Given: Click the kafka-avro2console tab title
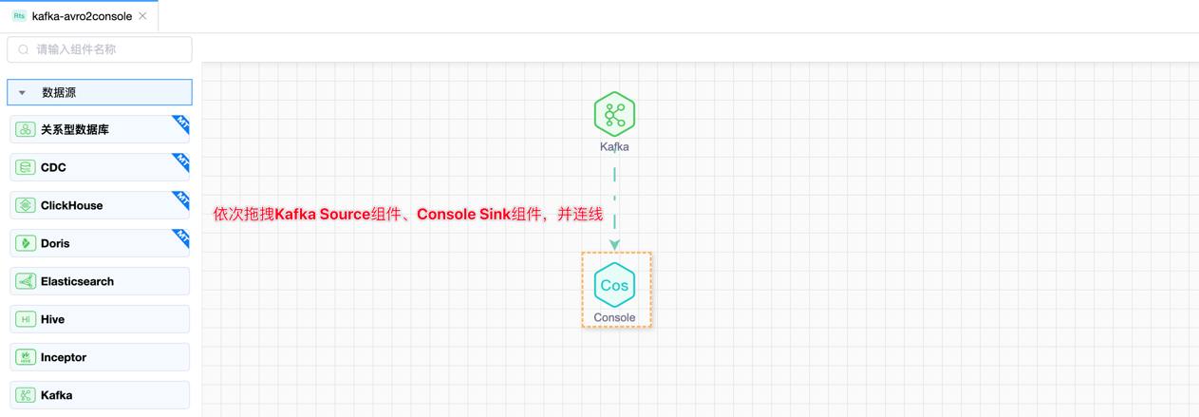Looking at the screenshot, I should [82, 16].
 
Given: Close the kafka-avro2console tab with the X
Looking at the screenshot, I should [142, 16].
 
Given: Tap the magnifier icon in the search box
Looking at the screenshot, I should [24, 49].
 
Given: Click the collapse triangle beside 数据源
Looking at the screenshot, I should [22, 93].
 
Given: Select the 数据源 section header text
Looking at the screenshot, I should [59, 93].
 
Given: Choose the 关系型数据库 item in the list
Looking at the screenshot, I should [75, 129].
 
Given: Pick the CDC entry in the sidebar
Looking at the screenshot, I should [53, 167].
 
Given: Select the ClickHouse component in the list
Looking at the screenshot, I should [71, 205].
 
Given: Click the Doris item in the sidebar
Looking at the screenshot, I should [55, 243].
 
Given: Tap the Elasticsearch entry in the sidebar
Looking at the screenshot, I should [77, 281].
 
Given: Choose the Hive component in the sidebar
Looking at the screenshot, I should [52, 319].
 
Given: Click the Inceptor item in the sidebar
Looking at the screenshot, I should [63, 357].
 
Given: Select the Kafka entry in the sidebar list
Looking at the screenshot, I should [56, 395].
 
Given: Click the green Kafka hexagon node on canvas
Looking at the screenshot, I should [614, 115].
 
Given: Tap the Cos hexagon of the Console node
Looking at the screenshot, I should [614, 285].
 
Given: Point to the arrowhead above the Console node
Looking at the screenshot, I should [615, 245].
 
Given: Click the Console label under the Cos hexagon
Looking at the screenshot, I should [614, 317].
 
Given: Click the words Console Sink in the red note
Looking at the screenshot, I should [463, 215].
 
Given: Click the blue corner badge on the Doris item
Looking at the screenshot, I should [180, 237].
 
